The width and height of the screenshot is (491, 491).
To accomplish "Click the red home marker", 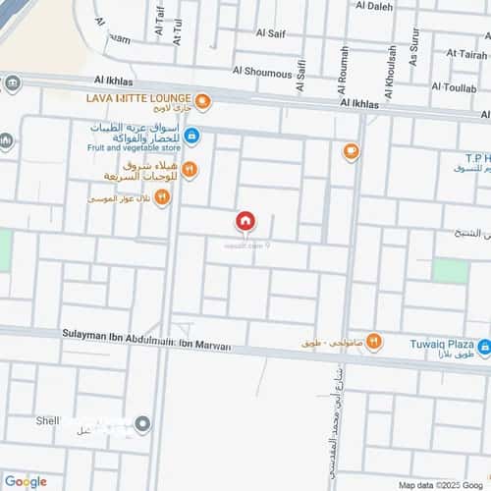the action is coord(245,221).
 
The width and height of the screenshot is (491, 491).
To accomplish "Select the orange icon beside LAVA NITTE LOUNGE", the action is coord(202,100).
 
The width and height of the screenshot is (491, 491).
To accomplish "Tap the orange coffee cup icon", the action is coord(350,151).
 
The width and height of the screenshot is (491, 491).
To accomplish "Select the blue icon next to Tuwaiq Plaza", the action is coord(483,346).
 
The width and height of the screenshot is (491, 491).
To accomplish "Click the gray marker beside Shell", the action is coord(142,424).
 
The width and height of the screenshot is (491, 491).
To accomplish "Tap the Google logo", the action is coord(25,481).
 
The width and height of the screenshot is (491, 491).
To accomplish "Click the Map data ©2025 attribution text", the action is coord(443,484).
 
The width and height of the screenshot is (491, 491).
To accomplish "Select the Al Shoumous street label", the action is coord(262,73).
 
